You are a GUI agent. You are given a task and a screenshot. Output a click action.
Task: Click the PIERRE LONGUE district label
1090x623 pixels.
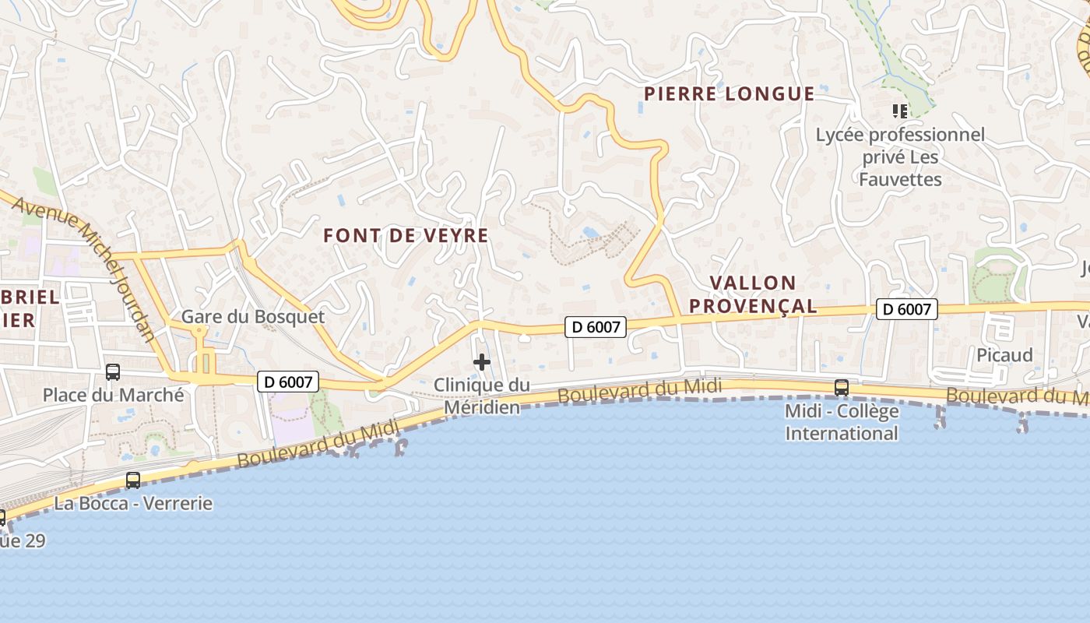[729, 94]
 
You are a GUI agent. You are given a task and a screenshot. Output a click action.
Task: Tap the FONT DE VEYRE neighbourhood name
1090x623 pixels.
[406, 235]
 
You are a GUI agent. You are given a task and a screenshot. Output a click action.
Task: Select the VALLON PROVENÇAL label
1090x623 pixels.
[753, 294]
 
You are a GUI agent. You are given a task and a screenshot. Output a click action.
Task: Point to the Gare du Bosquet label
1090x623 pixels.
[253, 317]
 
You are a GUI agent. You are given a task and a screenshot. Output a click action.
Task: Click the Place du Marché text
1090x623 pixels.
[114, 395]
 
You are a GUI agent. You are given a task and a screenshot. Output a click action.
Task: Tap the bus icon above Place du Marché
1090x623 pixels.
[113, 372]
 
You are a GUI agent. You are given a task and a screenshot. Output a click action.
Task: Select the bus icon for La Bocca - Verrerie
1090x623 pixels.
[133, 480]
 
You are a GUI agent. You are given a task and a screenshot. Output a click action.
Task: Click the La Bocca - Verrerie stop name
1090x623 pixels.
[133, 503]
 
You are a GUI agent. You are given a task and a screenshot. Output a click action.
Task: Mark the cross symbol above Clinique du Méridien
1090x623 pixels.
[482, 362]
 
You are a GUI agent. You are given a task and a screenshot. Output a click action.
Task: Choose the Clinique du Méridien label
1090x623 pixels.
[481, 396]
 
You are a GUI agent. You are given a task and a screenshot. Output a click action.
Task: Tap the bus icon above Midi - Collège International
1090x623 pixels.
[842, 387]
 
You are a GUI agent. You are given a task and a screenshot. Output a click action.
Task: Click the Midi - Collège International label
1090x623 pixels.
[842, 422]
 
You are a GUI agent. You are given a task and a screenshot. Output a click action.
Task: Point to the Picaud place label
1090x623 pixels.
[1004, 355]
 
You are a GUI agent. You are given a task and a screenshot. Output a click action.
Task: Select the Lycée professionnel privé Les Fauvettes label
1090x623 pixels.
[900, 157]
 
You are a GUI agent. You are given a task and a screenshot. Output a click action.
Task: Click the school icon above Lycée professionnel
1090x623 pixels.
[900, 111]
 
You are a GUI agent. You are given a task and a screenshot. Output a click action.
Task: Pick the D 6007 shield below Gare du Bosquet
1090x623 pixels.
[288, 382]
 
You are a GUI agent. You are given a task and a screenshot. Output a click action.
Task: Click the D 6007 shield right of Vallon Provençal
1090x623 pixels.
[907, 309]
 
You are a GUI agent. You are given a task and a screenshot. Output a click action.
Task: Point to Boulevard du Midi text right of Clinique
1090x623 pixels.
[640, 390]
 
